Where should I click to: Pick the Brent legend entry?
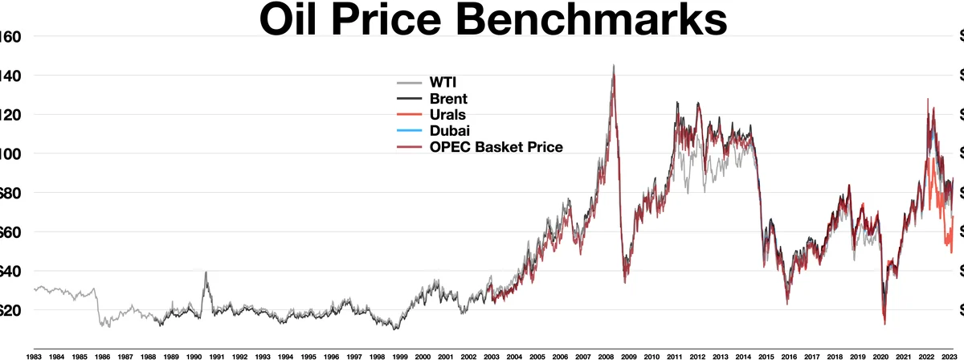click(x=449, y=98)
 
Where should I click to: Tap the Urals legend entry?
click(x=449, y=114)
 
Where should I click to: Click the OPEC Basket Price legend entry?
click(x=496, y=146)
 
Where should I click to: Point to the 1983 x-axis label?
click(x=34, y=354)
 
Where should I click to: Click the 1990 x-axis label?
click(x=194, y=354)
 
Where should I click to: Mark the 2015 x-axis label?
click(x=766, y=354)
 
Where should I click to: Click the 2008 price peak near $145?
click(x=614, y=66)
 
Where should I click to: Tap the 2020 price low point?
click(x=884, y=323)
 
